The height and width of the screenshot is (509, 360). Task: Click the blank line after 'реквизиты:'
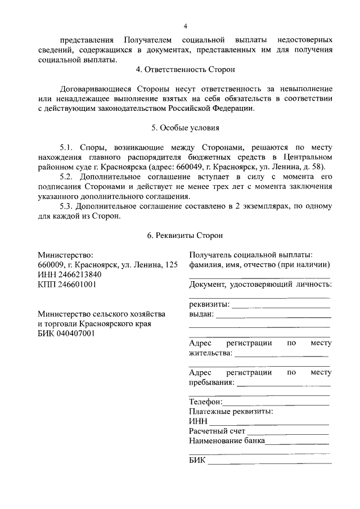[x=281, y=307]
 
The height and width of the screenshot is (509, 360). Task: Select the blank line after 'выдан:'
[x=273, y=316]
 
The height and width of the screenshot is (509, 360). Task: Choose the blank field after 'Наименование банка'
[x=298, y=443]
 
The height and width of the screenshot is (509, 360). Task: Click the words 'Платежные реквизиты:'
[x=231, y=412]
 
